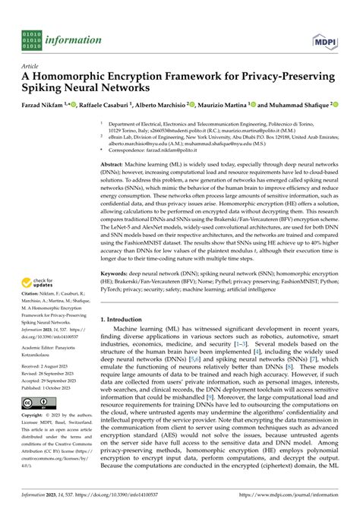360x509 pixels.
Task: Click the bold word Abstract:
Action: point(115,164)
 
